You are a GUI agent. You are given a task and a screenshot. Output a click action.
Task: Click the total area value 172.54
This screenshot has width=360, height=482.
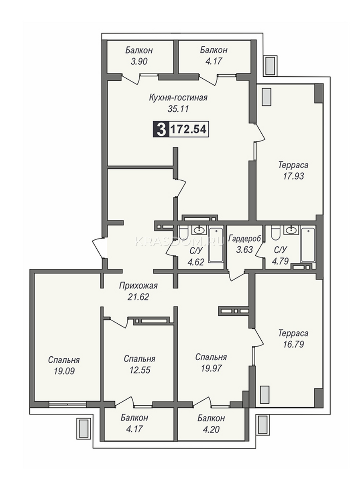coord(189,130)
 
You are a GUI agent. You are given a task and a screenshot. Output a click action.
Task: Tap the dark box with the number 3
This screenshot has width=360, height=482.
coord(161,129)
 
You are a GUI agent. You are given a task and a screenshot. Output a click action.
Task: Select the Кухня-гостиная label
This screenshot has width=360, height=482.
coord(178,98)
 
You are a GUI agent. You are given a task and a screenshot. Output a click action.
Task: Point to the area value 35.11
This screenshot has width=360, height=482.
coord(178,109)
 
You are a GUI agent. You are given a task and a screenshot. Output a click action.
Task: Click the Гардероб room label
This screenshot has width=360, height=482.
coord(244,239)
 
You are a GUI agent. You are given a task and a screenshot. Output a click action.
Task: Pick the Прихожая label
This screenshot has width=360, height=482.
coord(138,286)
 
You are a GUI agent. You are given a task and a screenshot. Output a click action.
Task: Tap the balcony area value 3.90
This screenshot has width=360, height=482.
coord(139,62)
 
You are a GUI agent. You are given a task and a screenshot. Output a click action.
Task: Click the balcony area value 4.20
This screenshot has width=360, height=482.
coord(211,429)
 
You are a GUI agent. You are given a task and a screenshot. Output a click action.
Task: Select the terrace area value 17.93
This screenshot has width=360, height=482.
coord(293,176)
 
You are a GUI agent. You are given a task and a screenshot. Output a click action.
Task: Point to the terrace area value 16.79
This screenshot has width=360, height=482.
coord(293,344)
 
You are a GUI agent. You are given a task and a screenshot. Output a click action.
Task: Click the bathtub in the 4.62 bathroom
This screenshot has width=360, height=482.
coord(216,245)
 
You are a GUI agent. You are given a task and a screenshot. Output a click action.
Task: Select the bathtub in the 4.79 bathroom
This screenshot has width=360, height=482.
coord(309,245)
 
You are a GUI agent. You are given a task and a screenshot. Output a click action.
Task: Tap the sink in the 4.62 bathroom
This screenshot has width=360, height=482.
coord(199,230)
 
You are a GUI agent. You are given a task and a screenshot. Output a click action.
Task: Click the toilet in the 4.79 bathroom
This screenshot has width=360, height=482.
coord(275,233)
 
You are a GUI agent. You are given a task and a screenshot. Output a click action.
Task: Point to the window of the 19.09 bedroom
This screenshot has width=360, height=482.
coord(67,403)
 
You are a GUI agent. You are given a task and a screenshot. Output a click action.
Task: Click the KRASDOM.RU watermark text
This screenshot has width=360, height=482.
coord(180,241)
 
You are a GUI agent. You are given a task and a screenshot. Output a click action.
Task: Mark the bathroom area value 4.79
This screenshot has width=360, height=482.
coord(280,261)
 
